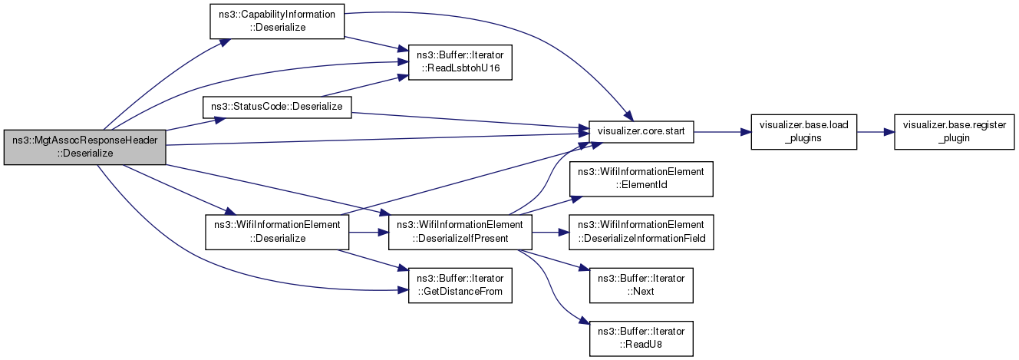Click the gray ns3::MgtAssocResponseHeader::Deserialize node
coord(84,147)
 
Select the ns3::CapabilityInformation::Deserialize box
coord(276,21)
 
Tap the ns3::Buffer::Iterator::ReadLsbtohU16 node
coord(460,62)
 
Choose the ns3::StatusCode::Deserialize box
coord(276,107)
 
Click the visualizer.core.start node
coord(641,132)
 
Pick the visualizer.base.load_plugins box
coord(804,132)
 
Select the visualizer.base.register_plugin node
coord(955,132)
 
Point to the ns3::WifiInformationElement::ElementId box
coord(641,179)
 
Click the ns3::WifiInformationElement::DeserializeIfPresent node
coord(460,232)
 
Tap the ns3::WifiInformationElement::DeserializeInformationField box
coord(641,232)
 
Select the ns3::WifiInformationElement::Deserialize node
coord(277,232)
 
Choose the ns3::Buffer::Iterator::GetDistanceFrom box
coord(460,286)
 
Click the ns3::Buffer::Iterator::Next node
coord(641,286)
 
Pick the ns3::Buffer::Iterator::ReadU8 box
coord(641,339)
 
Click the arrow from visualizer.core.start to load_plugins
coord(722,132)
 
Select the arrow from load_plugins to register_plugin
coord(876,132)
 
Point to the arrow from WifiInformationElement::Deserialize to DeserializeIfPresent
coord(368,232)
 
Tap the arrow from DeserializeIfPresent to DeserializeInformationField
coord(550,232)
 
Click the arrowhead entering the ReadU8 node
coord(585,322)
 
